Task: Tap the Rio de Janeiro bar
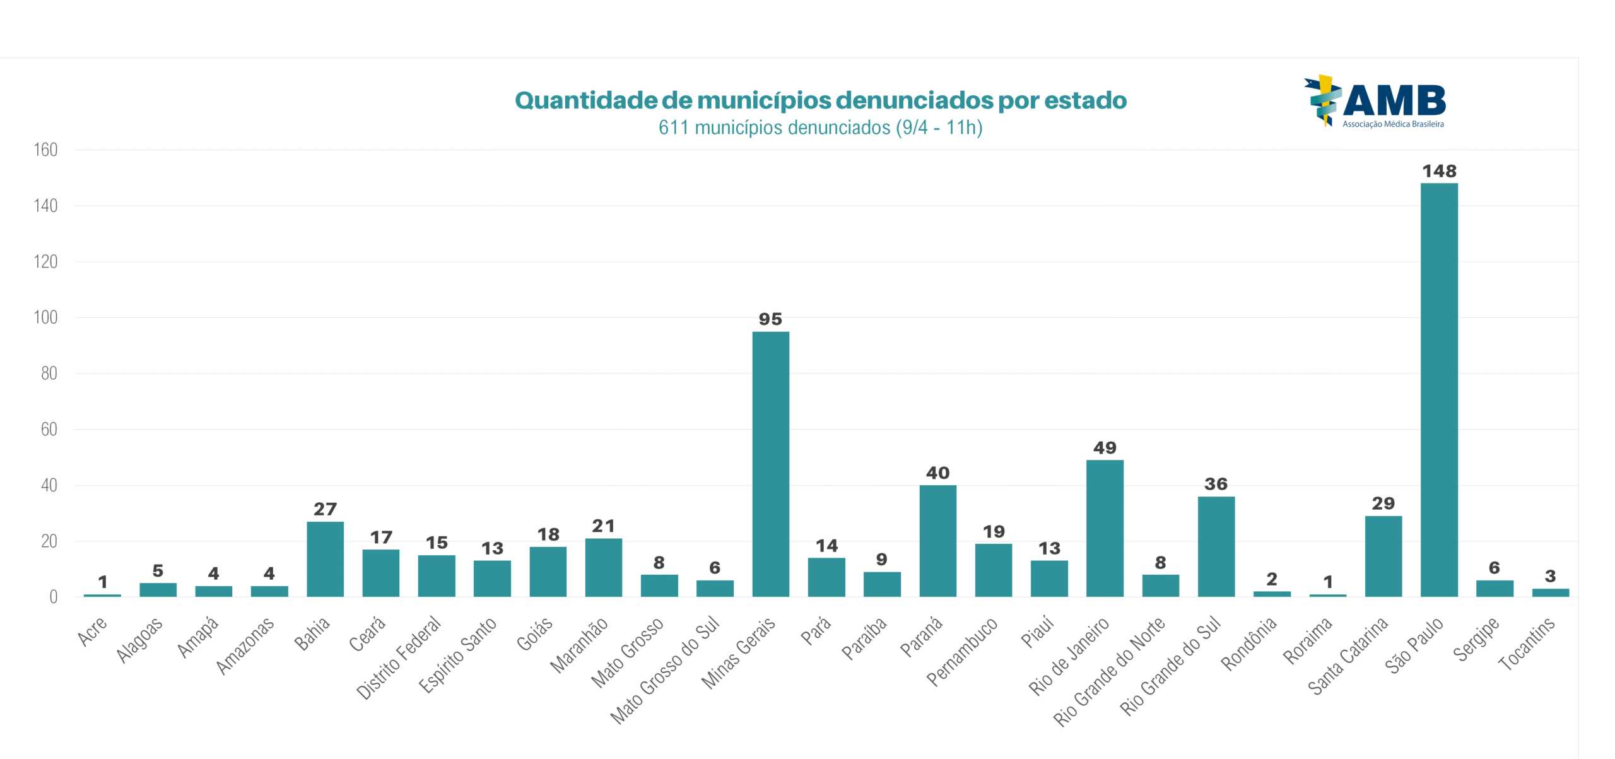click(x=1105, y=528)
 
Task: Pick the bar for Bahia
click(x=325, y=559)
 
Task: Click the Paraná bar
click(x=937, y=541)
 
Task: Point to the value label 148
click(x=1439, y=171)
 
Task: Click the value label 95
click(x=770, y=319)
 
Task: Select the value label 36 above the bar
click(x=1216, y=484)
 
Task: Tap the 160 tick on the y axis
click(x=45, y=150)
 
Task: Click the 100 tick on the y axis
click(x=45, y=317)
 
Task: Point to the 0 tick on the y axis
click(x=53, y=597)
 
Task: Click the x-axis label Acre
click(x=93, y=632)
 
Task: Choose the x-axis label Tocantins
click(x=1527, y=644)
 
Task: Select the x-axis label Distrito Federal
click(x=399, y=657)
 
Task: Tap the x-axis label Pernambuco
click(x=962, y=651)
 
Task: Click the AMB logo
click(x=1375, y=102)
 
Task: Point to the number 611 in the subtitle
click(x=673, y=128)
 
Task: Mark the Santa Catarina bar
click(x=1383, y=556)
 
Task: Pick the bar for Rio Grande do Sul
click(x=1216, y=546)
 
